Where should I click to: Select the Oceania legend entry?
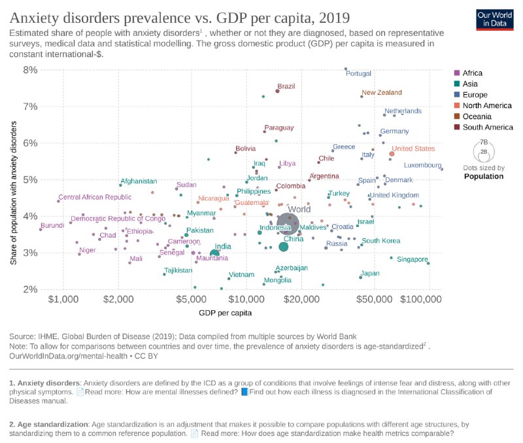pos(478,116)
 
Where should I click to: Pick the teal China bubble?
pos(283,247)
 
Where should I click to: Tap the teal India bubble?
pos(214,253)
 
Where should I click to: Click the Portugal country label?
pos(358,73)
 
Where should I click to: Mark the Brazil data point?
pos(278,91)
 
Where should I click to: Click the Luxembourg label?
pos(423,165)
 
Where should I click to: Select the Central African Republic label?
pos(95,197)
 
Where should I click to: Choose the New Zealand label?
pos(381,93)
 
